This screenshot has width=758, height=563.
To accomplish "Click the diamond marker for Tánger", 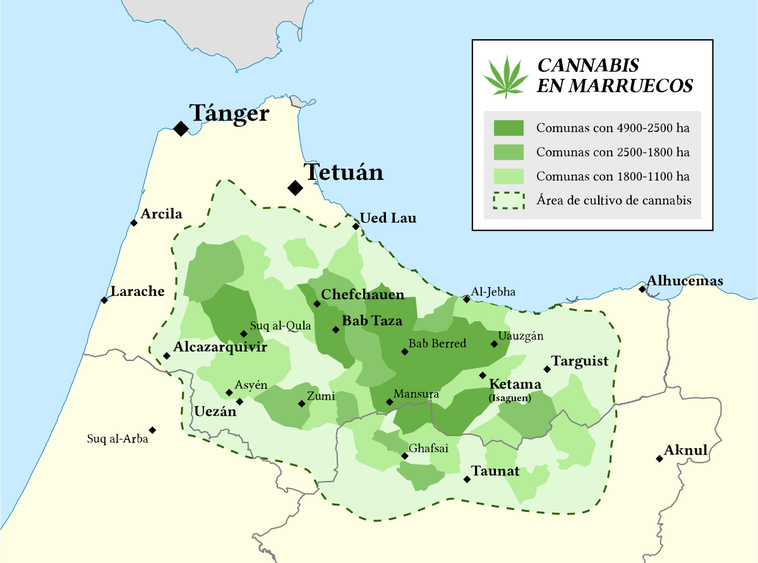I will point(181,129).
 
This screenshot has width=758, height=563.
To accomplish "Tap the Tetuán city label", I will point(343,172).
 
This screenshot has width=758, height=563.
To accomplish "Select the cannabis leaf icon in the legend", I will point(505,76).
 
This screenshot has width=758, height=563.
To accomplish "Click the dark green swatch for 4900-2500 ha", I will point(508,128).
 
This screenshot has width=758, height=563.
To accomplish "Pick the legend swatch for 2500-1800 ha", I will point(508,152).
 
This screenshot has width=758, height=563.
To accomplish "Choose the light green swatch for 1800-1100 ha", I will point(508,176).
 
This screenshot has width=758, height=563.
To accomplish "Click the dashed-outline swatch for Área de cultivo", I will point(508,200).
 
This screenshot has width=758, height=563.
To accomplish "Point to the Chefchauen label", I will point(363,295).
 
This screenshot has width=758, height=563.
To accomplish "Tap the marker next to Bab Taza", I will point(336,329).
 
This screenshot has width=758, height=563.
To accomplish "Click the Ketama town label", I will point(515,384).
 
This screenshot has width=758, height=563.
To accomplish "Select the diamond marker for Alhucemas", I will point(642,289).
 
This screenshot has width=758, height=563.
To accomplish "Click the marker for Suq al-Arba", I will point(152,430).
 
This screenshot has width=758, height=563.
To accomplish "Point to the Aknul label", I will point(685,451).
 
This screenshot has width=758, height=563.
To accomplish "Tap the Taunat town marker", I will point(467,479).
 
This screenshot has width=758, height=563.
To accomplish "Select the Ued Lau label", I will point(388,218).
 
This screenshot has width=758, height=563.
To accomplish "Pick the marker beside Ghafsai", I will point(404,456).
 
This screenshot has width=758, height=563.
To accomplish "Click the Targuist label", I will point(580,361).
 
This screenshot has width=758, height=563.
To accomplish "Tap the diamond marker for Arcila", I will point(134,223).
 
